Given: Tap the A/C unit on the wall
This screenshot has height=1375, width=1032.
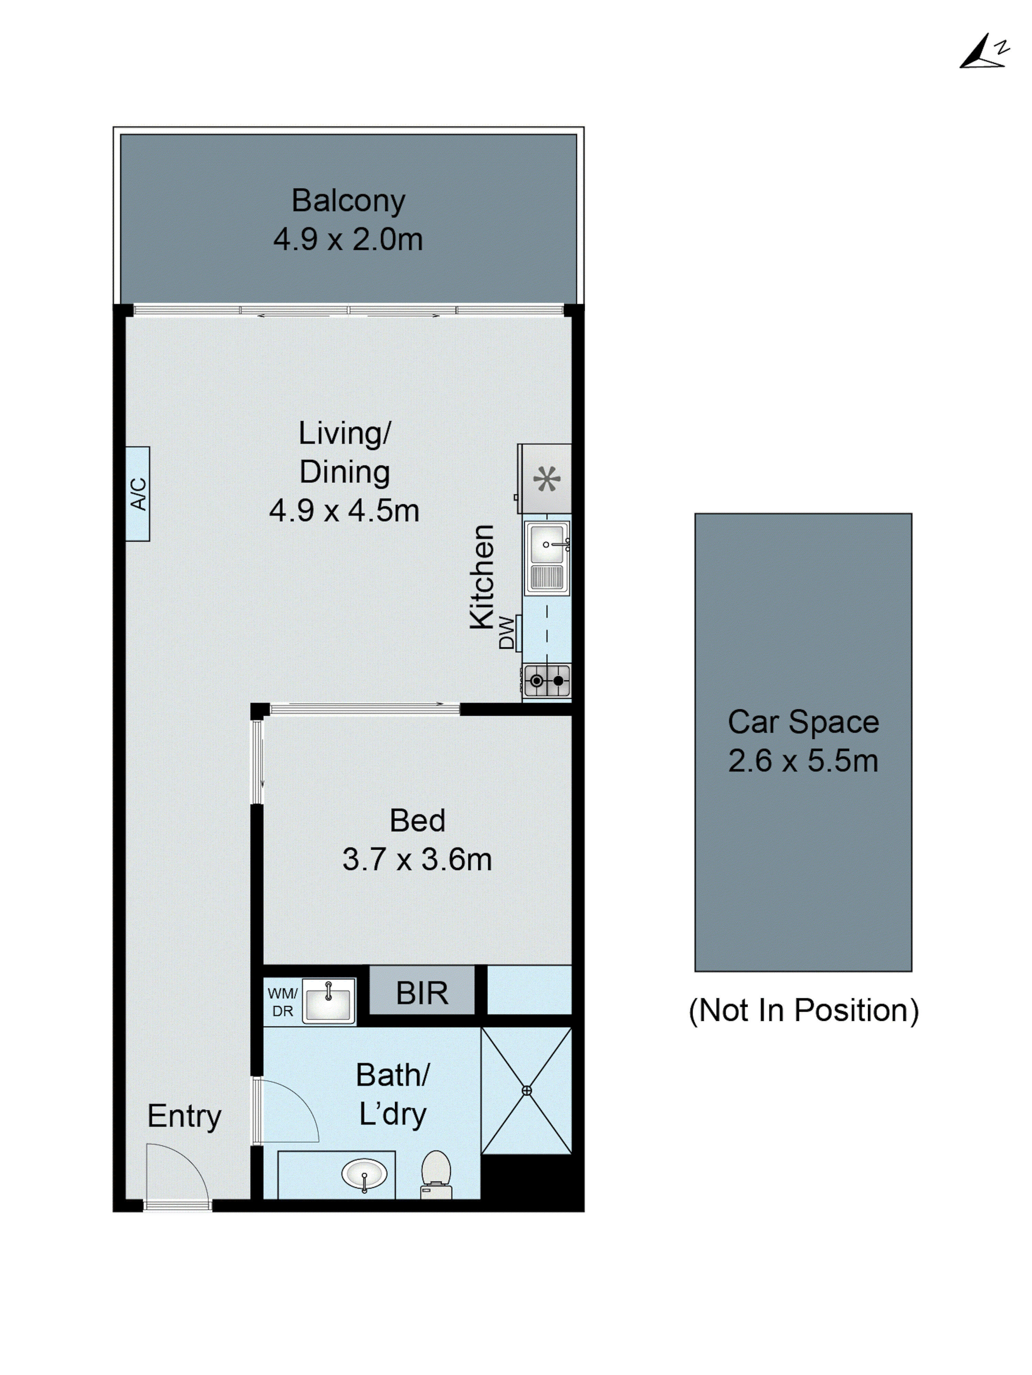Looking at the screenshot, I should coord(138,494).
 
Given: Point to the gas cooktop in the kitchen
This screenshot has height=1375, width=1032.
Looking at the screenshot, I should coord(547,681).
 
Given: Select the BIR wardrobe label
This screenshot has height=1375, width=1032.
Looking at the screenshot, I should coord(422,993).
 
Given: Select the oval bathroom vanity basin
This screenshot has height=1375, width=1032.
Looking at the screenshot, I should coord(364,1174).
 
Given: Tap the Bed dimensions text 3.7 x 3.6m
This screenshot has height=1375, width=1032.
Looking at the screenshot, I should coord(417,860).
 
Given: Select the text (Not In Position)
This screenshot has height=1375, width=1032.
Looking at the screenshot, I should coord(803,1010).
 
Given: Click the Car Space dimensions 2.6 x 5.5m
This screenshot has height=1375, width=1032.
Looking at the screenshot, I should coord(803,761).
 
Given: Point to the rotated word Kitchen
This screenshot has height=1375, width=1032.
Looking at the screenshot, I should coord(482,577).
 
